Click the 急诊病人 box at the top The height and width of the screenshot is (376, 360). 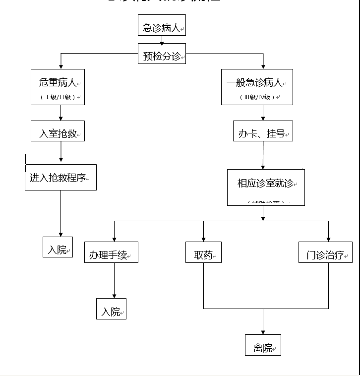tap(162, 26)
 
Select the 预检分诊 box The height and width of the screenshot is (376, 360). tap(162, 54)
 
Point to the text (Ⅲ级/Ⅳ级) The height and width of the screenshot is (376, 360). tap(256, 97)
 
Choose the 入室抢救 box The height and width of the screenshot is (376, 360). tap(58, 131)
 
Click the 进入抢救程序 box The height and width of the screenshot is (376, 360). tap(60, 177)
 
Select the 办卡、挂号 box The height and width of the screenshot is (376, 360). tap(263, 131)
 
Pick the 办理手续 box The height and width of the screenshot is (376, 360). tap(111, 252)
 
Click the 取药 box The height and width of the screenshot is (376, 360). tap(203, 252)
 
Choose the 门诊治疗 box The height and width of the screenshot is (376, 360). tap(325, 252)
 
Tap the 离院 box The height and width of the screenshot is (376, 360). tap(263, 345)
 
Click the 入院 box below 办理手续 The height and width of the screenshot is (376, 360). tap(111, 309)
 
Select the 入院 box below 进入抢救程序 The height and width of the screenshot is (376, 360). tap(58, 247)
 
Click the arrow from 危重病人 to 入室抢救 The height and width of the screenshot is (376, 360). tap(61, 113)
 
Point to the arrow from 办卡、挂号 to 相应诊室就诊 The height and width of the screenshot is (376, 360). tap(263, 155)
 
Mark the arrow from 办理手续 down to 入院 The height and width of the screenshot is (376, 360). tap(114, 281)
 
